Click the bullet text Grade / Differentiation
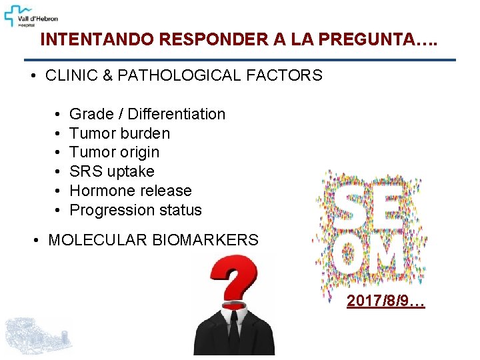tap(147, 114)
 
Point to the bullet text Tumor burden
tap(119, 133)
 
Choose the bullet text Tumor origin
tap(115, 152)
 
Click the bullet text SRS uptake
tap(111, 171)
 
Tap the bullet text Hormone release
tap(130, 191)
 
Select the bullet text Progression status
tap(135, 210)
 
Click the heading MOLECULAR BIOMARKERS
tap(153, 240)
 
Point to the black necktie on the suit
tap(233, 330)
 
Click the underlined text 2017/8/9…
tap(385, 301)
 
